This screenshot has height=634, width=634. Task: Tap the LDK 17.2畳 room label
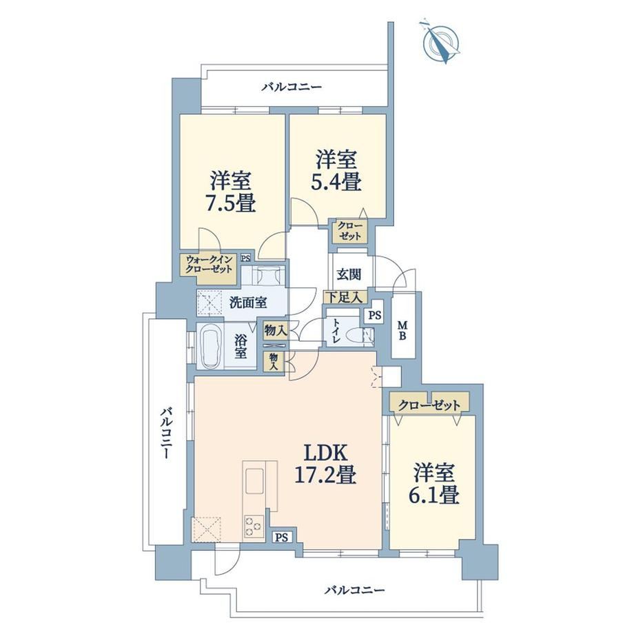point(325,464)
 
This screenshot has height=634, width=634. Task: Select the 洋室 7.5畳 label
point(232,192)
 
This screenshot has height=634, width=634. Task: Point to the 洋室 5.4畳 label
point(336,171)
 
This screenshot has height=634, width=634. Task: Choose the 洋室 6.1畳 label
point(434,484)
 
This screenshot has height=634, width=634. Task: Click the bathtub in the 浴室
point(211,347)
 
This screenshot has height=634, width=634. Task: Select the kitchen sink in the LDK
point(254,480)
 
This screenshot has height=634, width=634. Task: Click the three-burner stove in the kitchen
point(254,526)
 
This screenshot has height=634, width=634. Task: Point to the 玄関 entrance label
point(349,274)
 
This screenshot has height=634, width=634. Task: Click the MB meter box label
point(402,330)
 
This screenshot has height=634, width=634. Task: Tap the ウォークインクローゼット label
point(209,265)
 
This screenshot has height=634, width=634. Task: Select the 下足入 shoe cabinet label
point(345,298)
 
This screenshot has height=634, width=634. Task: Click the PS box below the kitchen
point(282,538)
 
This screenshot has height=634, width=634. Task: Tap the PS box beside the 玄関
point(375,316)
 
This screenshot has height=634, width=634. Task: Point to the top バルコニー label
point(292,87)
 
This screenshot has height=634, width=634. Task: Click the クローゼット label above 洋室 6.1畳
point(429,405)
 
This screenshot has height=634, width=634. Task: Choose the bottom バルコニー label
point(355,590)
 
